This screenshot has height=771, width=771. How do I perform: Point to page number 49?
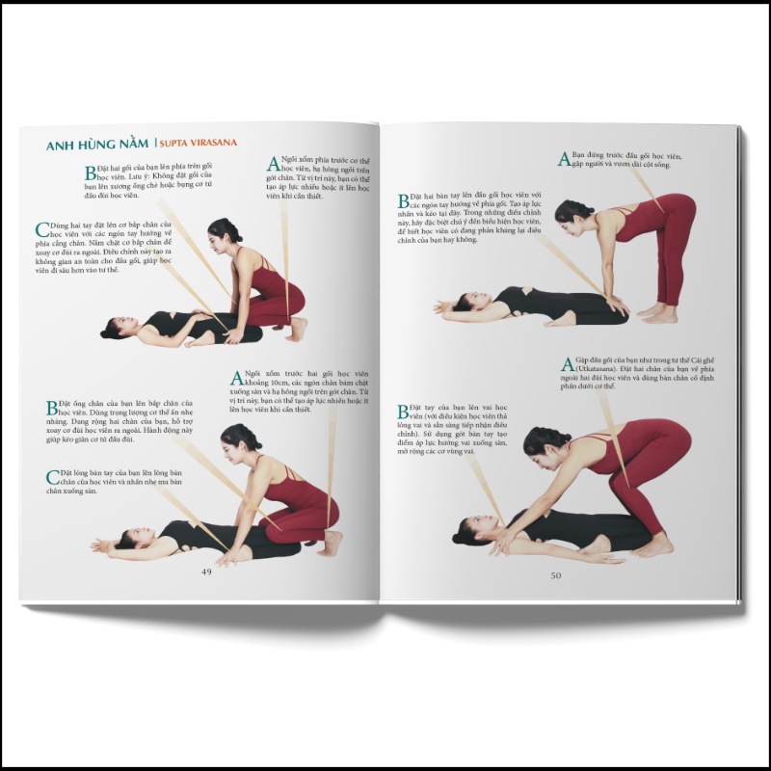(205, 571)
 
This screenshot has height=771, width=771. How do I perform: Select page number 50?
(555, 575)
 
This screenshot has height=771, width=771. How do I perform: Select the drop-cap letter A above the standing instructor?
(564, 159)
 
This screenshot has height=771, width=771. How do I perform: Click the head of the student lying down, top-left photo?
(116, 328)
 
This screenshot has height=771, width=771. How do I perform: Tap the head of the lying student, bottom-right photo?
(469, 531)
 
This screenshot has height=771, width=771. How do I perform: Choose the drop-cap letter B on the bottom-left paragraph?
(52, 408)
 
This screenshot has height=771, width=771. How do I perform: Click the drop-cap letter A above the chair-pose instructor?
(566, 364)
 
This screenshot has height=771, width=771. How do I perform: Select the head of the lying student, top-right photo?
(446, 309)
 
